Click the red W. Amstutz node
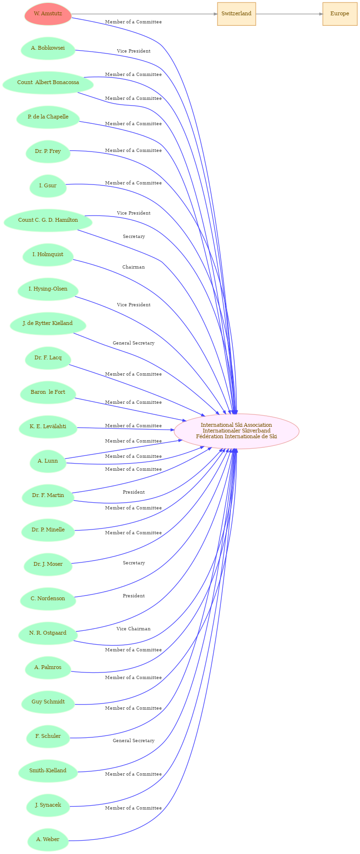tap(48, 14)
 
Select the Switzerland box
tap(236, 14)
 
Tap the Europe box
tap(339, 14)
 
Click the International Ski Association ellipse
tap(236, 431)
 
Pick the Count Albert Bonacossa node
tap(48, 83)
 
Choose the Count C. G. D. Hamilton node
tap(48, 220)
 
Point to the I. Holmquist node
tap(48, 255)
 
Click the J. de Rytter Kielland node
tap(48, 324)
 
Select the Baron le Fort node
tap(48, 392)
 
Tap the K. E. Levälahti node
tap(48, 427)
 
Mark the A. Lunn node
tap(48, 461)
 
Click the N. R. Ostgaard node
tap(48, 633)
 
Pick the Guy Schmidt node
tap(48, 702)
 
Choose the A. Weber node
tap(48, 840)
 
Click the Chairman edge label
tap(133, 267)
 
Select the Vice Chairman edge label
tap(133, 629)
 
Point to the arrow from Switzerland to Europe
tap(289, 14)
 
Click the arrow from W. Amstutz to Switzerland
tap(144, 14)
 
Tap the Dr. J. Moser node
tap(48, 564)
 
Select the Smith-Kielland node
tap(48, 771)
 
